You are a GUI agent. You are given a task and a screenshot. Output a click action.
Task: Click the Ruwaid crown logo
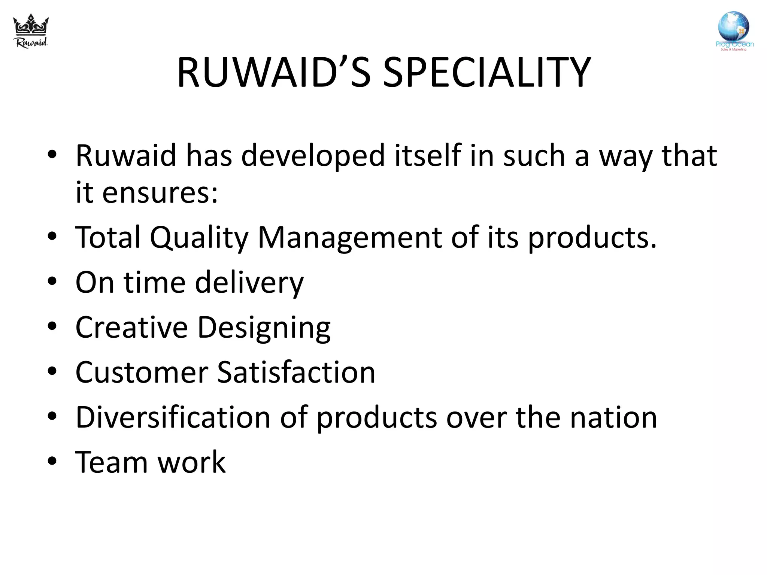click(31, 31)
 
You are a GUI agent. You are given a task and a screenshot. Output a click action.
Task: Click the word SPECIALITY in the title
click(487, 73)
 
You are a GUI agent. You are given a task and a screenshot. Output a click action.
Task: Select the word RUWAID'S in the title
click(274, 73)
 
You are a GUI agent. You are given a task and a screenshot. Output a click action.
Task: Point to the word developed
click(313, 155)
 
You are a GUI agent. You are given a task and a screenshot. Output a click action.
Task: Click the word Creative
click(131, 328)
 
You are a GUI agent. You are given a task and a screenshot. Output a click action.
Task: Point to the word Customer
click(142, 372)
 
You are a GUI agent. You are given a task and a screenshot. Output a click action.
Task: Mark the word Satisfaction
click(296, 372)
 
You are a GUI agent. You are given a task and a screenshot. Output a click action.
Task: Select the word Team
click(112, 462)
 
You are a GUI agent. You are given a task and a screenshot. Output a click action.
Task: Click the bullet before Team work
click(52, 461)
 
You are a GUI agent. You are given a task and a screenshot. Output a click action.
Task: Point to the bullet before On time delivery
click(52, 281)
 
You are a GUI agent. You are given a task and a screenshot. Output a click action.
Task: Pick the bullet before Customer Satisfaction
click(52, 371)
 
